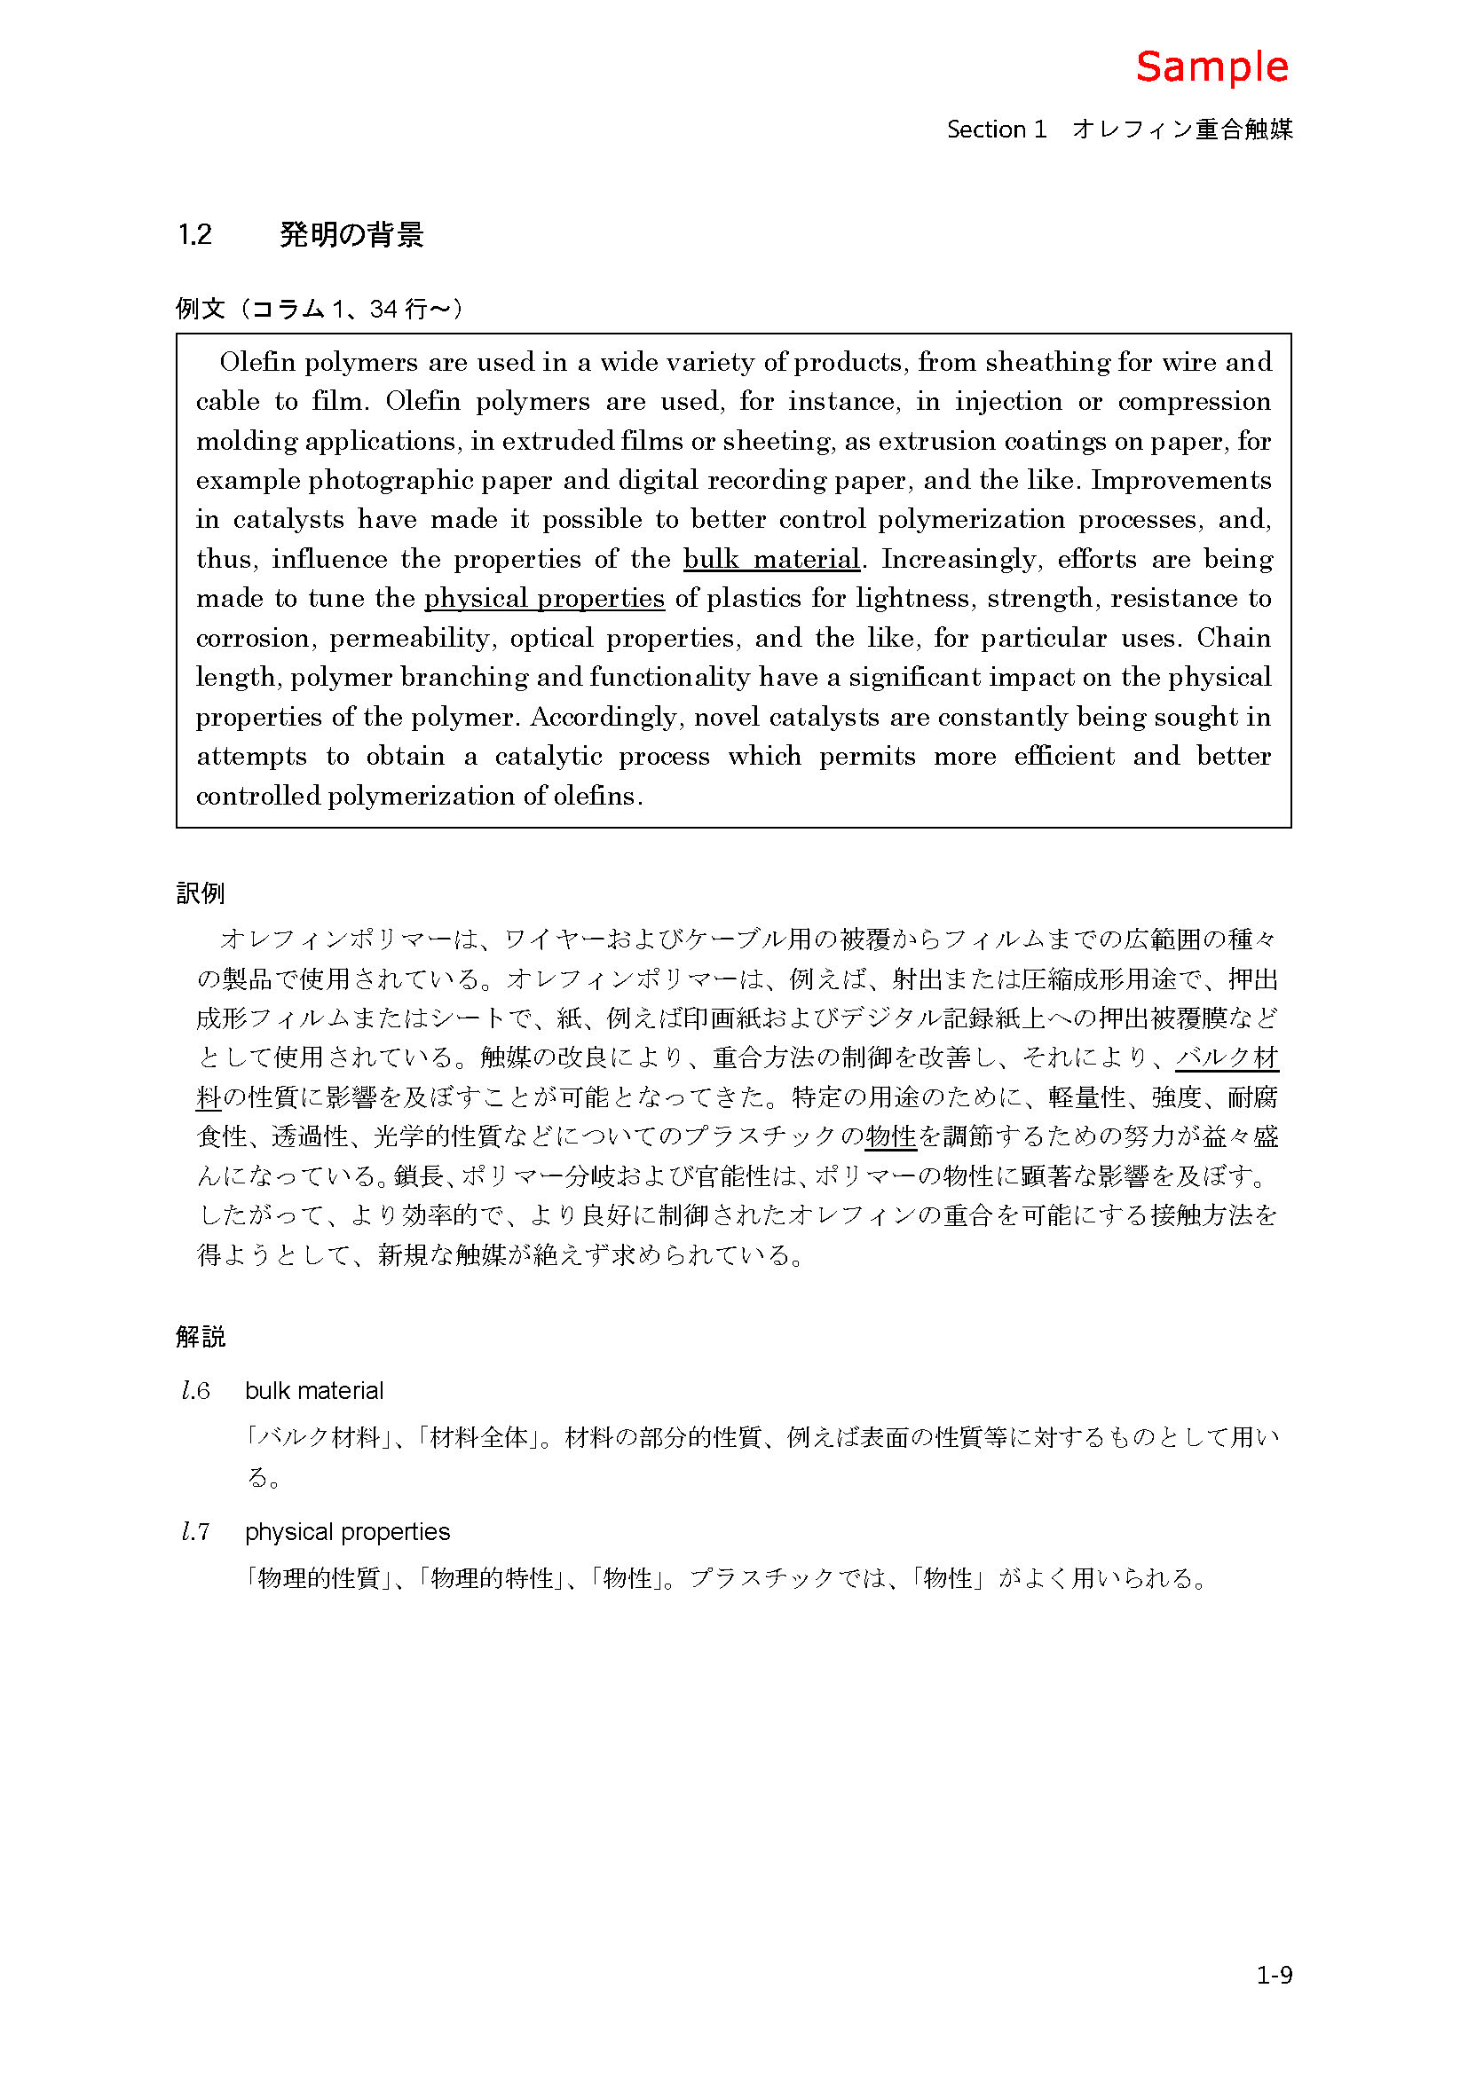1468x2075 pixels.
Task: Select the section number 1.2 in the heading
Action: [x=194, y=235]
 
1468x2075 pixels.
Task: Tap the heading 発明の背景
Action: [x=351, y=235]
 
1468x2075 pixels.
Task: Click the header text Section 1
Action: [x=996, y=130]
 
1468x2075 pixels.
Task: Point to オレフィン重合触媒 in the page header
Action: [x=1182, y=130]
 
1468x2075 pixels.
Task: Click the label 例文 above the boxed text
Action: [x=200, y=309]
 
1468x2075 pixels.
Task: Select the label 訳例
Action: [x=200, y=893]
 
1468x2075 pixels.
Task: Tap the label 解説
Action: [x=200, y=1337]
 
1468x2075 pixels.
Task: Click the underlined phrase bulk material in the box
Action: [x=771, y=560]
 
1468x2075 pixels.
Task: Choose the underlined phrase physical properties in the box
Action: [x=544, y=598]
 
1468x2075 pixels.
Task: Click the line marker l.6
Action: [x=195, y=1391]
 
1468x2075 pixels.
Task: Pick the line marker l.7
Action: [x=195, y=1532]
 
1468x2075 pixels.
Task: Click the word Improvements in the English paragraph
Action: [x=1180, y=480]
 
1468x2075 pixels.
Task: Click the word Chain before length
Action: [x=1234, y=638]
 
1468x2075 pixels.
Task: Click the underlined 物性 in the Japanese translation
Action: [x=890, y=1137]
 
